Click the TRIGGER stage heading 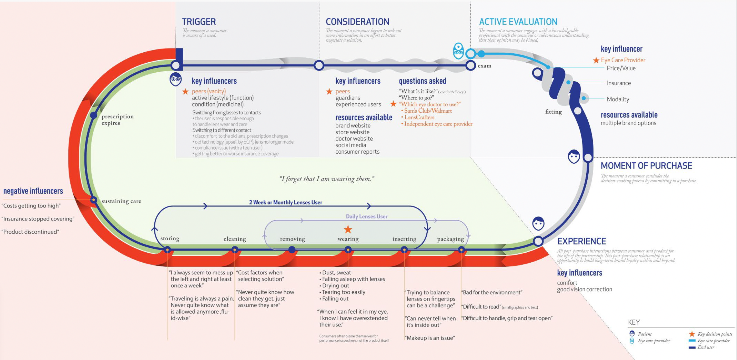coord(199,22)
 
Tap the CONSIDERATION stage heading coord(357,22)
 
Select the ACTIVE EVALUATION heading coord(518,22)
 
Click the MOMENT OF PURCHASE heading coord(646,166)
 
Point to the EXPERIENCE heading coord(581,241)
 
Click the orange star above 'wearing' coord(348,229)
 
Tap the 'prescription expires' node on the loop coord(94,115)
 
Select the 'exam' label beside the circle coord(484,66)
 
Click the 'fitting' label coord(553,112)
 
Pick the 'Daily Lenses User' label coord(366,217)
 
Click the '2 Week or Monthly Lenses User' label coord(286,203)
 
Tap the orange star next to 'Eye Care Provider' coord(596,60)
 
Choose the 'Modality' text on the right coord(618,99)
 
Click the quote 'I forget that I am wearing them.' coord(327,179)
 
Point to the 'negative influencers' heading coord(33,191)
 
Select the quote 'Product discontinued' coord(30,232)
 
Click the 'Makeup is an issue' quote coord(430,338)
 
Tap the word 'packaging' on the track coord(450,239)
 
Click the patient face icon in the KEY coord(632,333)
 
